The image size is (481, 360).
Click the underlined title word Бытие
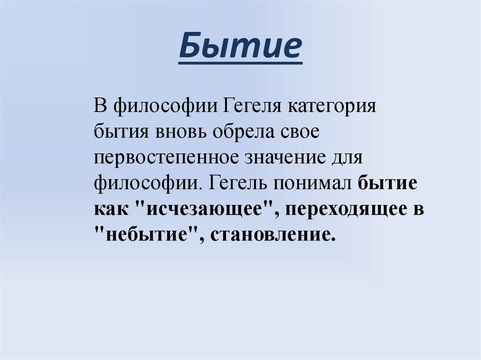click(240, 48)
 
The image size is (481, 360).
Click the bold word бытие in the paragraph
click(388, 183)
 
